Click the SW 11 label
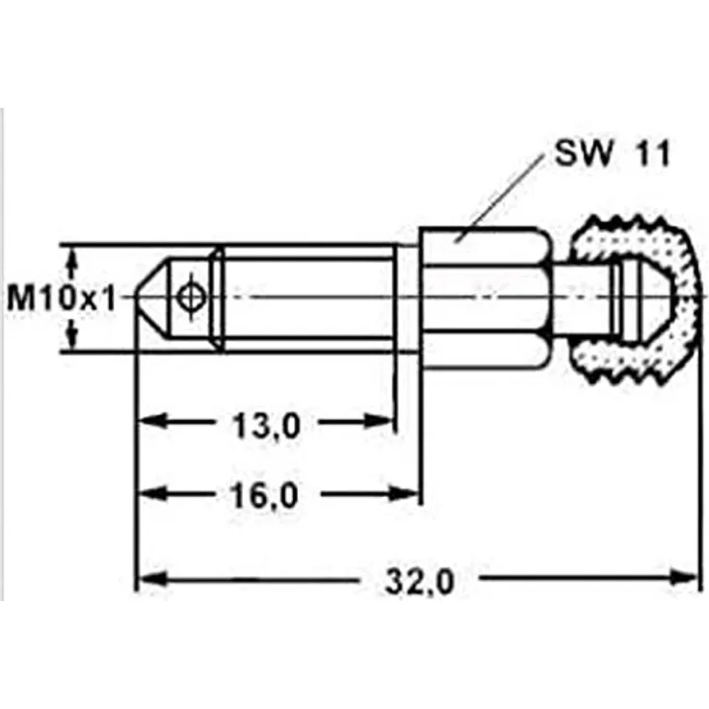(613, 154)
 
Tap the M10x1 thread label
(62, 299)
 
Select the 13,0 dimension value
(266, 426)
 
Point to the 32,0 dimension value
(419, 582)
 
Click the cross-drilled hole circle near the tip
(192, 297)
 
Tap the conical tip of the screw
(153, 298)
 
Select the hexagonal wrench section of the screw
(486, 298)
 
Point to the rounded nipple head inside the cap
(643, 299)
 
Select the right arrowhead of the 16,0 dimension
(404, 493)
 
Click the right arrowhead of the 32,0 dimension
(683, 578)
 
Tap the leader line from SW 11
(500, 198)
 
